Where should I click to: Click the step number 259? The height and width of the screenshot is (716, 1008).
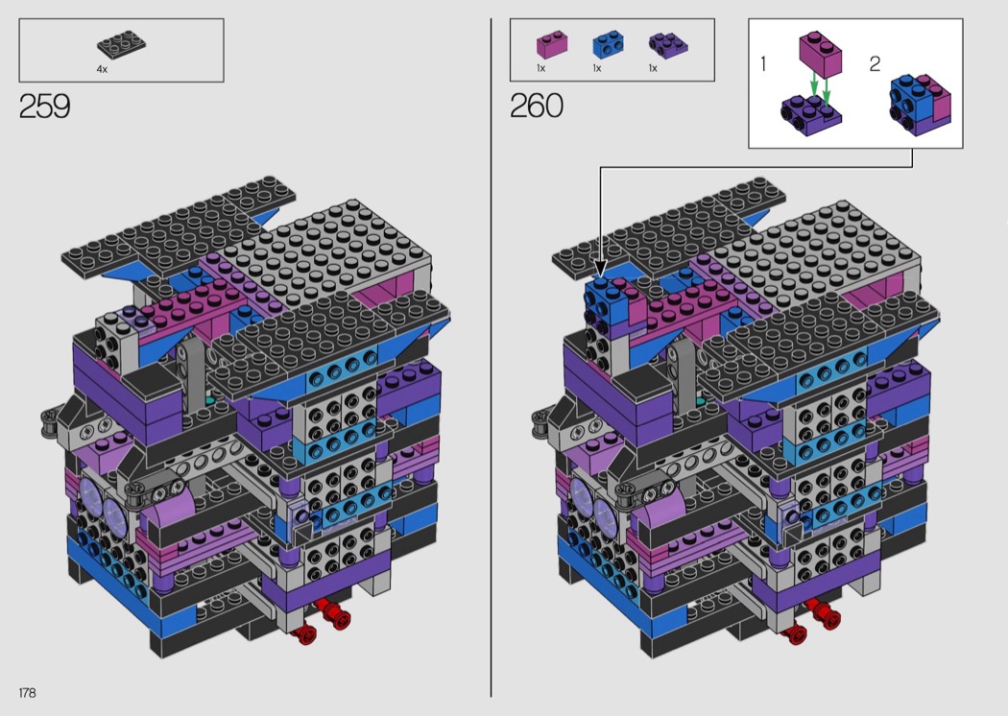[x=44, y=106]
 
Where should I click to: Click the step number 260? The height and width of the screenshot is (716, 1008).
[x=537, y=106]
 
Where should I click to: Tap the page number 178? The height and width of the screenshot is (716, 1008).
[x=27, y=693]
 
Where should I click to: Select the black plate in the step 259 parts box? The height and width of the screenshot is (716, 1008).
[x=121, y=44]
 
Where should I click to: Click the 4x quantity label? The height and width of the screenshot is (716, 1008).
[x=102, y=69]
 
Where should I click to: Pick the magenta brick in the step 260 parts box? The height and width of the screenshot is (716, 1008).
[x=552, y=45]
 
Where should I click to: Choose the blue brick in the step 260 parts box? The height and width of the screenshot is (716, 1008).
[x=608, y=45]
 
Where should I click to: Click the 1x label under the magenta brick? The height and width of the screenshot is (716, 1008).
[x=540, y=68]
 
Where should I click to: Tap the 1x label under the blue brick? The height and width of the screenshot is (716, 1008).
[x=596, y=68]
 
